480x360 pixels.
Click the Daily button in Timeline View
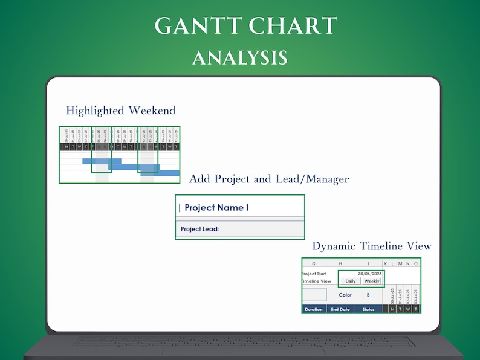click(x=350, y=281)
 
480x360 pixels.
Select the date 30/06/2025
click(x=370, y=274)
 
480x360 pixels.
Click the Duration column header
click(x=314, y=309)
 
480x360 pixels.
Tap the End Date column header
click(x=340, y=309)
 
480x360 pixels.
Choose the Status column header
click(x=368, y=309)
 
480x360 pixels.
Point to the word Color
click(x=346, y=295)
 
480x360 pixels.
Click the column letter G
click(x=314, y=264)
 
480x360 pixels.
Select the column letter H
click(x=340, y=264)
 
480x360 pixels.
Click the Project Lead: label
click(x=199, y=229)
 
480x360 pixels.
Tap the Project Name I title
click(x=216, y=208)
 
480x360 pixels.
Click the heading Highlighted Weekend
click(x=120, y=111)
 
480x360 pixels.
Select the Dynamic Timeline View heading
click(x=372, y=246)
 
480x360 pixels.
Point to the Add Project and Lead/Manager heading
click(x=269, y=179)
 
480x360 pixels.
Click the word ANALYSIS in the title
click(x=239, y=57)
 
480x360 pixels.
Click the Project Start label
click(x=314, y=274)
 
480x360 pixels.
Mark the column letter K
click(x=386, y=264)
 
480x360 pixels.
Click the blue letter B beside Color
click(x=368, y=295)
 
